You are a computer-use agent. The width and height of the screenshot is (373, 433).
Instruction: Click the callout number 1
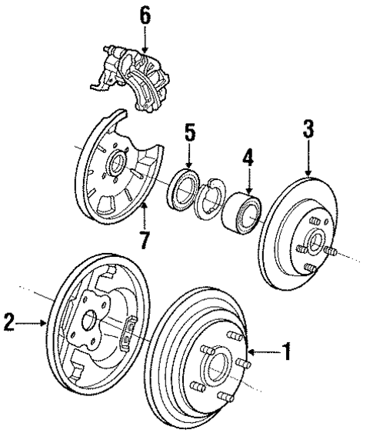tap(286, 354)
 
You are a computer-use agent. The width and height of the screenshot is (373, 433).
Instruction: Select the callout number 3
tap(308, 128)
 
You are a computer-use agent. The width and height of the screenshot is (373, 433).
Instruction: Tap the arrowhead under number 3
tap(308, 175)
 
